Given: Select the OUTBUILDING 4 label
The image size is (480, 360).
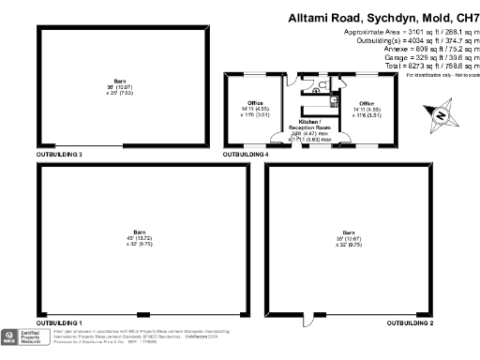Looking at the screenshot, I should coord(246,153).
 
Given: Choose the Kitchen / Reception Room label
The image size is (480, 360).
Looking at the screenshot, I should coord(309,125).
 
